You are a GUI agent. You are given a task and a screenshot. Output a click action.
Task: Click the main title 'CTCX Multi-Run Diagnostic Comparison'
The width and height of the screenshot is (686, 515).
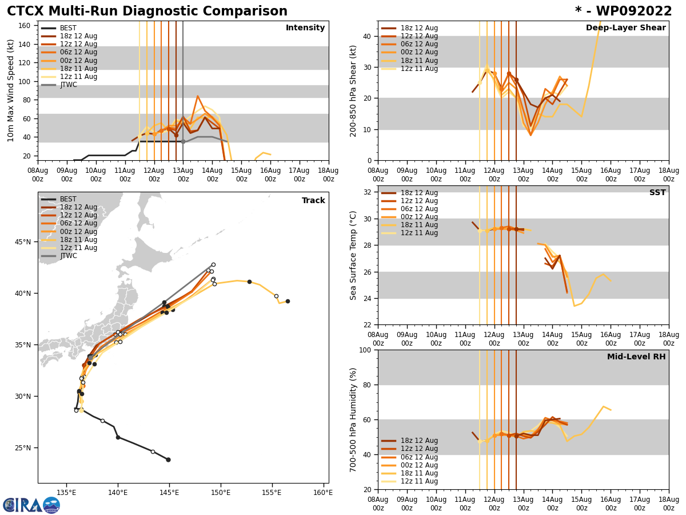(147, 11)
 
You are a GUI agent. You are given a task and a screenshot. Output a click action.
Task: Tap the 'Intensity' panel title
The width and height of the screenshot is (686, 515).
(305, 28)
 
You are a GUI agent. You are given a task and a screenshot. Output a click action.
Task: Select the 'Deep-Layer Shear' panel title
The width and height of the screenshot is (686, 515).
(625, 28)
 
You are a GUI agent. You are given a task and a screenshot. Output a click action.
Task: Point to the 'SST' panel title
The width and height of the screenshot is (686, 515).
(657, 193)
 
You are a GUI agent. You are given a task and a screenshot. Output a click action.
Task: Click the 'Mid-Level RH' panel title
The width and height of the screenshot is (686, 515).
(636, 357)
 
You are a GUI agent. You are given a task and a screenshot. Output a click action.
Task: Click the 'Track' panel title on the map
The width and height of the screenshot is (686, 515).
(313, 201)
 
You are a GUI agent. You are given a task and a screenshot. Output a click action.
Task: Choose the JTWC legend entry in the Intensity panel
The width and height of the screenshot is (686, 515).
(68, 85)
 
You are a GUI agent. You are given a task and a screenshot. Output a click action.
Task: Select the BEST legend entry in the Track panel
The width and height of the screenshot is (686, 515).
(68, 199)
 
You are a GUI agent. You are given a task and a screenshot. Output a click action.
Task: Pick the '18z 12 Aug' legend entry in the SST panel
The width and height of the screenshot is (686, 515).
(418, 193)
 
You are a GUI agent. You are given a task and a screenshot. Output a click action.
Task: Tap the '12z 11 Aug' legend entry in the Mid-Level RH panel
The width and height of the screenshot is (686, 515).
(418, 481)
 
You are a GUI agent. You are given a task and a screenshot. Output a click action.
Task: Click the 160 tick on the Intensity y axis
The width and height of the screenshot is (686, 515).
(25, 25)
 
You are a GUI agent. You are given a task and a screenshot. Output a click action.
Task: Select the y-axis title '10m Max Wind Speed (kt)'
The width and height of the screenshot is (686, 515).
(11, 90)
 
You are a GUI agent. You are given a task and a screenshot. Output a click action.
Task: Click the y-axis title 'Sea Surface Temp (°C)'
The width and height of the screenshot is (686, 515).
(353, 255)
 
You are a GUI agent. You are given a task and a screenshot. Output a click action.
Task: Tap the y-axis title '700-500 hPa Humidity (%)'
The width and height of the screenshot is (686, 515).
(353, 419)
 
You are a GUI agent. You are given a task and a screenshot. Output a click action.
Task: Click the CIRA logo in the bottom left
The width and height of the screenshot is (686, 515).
(31, 505)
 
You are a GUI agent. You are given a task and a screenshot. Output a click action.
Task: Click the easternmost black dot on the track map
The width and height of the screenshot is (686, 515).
(288, 301)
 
